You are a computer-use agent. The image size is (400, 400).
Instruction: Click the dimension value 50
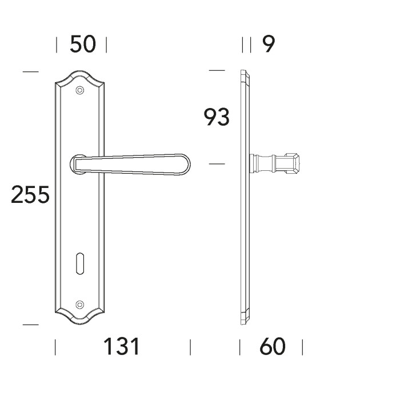point(82,45)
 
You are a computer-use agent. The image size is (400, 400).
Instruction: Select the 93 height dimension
point(217,117)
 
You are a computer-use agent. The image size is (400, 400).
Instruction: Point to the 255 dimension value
point(30,195)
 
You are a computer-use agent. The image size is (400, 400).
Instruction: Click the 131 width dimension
point(121,347)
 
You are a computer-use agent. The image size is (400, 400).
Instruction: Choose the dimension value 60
point(272,347)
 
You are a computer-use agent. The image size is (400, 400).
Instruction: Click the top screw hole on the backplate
point(79,89)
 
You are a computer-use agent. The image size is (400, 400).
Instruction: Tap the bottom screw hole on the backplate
point(79,304)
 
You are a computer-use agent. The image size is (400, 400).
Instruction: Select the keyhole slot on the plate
point(79,265)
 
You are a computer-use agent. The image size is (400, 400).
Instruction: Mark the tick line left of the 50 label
point(57,45)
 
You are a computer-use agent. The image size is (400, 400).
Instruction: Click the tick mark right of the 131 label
point(190,347)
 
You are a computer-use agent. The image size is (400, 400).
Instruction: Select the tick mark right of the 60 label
point(302,347)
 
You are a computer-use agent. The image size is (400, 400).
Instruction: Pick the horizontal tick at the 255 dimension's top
point(30,71)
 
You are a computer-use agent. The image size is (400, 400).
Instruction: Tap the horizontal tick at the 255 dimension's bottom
point(30,325)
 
